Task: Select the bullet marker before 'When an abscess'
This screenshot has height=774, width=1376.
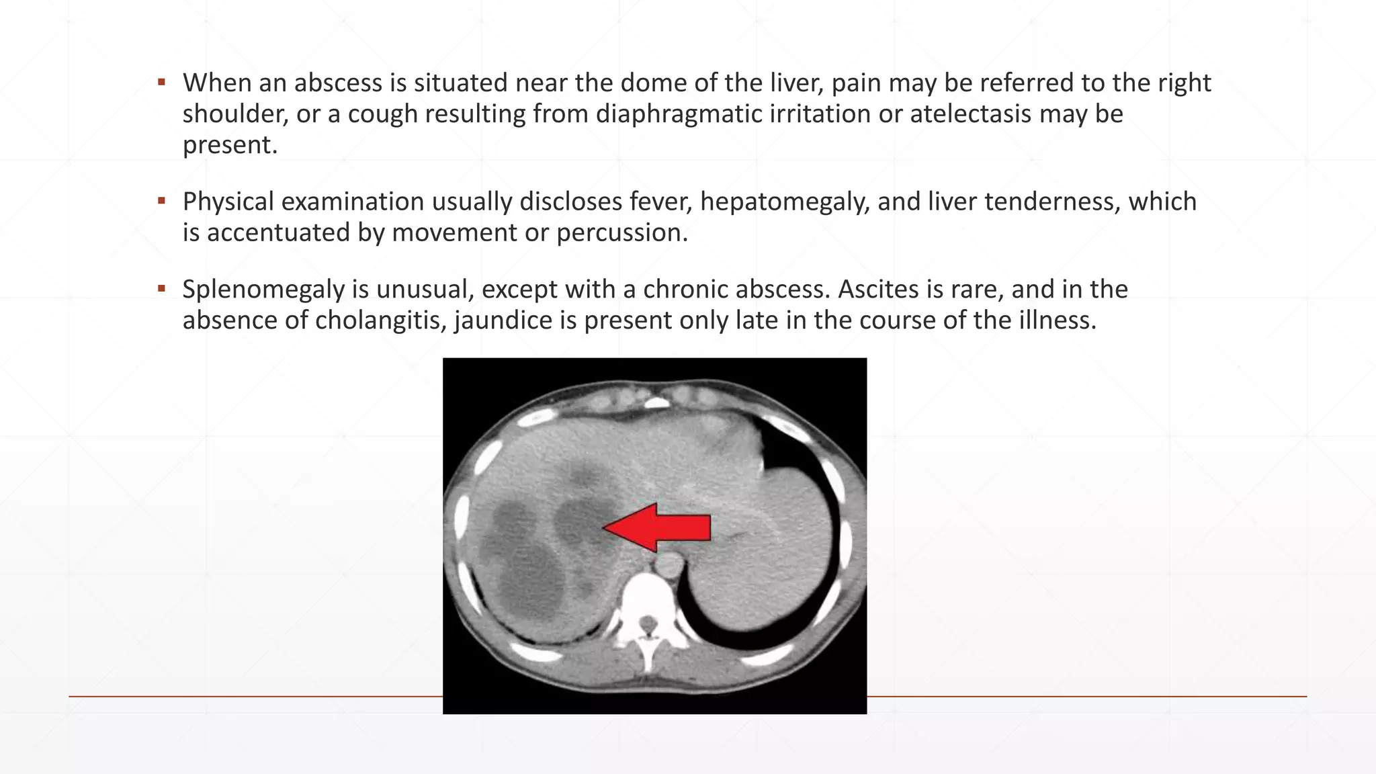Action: coord(161,83)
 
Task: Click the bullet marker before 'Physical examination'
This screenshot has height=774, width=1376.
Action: coord(161,201)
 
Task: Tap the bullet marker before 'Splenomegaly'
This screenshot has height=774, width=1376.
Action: coord(161,289)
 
